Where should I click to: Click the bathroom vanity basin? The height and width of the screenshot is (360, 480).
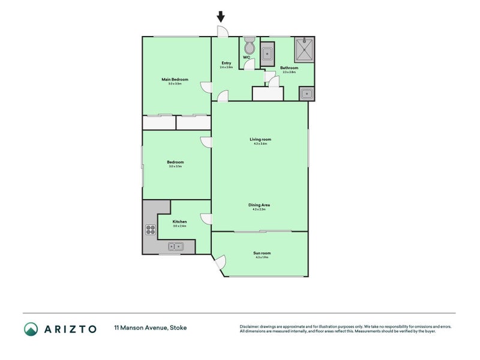click(x=307, y=94)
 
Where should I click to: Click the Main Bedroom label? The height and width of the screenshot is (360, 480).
click(x=175, y=80)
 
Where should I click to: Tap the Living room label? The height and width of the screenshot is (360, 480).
click(x=259, y=139)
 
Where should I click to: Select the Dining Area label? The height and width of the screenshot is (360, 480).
click(x=259, y=205)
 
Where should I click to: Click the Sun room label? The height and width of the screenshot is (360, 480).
click(x=260, y=253)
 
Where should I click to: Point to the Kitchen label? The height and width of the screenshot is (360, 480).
click(x=179, y=221)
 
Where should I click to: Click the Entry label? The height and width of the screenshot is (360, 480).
click(x=226, y=63)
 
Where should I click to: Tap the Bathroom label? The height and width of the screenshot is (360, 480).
click(x=289, y=68)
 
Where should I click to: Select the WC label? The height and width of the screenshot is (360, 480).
click(x=246, y=58)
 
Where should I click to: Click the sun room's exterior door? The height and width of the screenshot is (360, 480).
click(x=219, y=262)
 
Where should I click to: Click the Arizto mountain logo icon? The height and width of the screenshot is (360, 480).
click(x=31, y=328)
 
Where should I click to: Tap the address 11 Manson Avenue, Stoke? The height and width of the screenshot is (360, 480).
click(x=150, y=328)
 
